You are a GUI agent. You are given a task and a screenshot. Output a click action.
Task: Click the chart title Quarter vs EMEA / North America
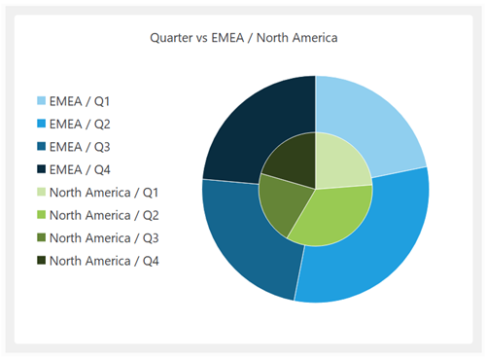(243, 38)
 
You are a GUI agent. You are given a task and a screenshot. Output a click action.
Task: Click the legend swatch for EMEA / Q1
(42, 101)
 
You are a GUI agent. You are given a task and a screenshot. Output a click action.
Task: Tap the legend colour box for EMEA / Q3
(42, 147)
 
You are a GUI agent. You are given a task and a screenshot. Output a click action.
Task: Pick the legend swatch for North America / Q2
(42, 215)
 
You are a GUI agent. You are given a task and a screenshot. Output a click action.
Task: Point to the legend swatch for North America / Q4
(42, 261)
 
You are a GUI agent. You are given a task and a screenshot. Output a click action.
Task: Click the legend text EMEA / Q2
(82, 124)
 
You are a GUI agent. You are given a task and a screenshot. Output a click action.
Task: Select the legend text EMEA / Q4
(82, 169)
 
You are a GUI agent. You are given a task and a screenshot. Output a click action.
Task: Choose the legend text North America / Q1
(104, 193)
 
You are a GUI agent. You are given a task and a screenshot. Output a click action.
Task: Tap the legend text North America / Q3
(104, 237)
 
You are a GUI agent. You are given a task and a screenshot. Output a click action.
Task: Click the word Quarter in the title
(171, 38)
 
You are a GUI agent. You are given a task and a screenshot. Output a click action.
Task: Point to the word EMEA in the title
(226, 38)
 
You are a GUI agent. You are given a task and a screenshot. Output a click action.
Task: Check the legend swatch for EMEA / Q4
(42, 169)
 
